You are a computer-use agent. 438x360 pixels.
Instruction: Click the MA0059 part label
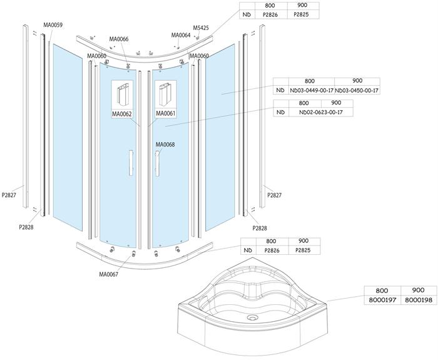click(53, 25)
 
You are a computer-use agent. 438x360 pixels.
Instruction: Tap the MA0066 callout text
click(118, 39)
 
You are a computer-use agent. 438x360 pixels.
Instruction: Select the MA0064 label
click(180, 35)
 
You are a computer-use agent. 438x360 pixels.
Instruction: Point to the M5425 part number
click(201, 28)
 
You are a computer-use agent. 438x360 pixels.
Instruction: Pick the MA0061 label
click(165, 114)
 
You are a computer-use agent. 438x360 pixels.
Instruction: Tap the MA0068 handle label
click(165, 145)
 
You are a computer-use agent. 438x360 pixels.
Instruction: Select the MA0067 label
click(109, 274)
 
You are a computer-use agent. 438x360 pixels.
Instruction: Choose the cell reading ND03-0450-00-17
click(357, 91)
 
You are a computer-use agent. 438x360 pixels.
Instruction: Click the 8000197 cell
click(383, 301)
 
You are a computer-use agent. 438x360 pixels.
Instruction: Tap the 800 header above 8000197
click(383, 291)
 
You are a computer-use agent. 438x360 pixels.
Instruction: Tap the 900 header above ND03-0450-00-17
click(357, 81)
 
